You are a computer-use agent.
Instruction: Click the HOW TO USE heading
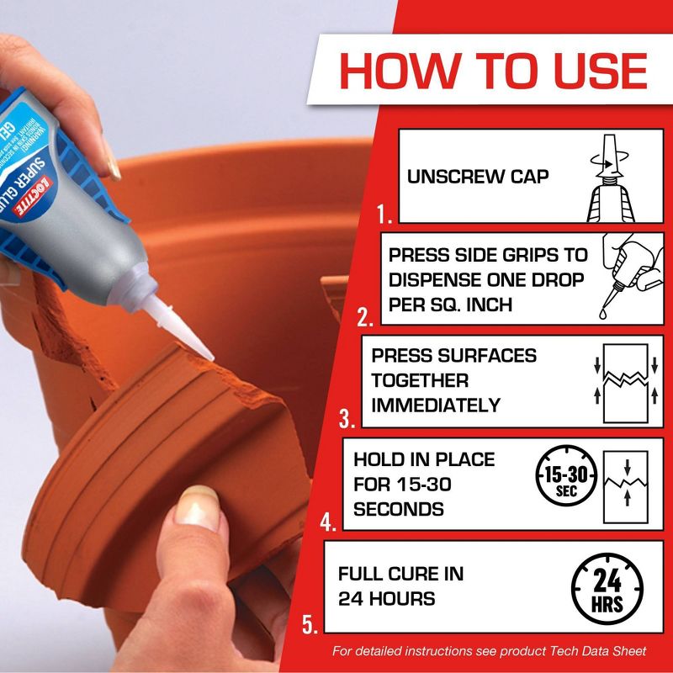click(493, 71)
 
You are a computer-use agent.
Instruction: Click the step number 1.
click(385, 216)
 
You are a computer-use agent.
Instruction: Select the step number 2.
click(365, 318)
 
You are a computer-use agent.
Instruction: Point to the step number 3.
click(347, 418)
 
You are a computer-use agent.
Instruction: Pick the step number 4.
click(328, 521)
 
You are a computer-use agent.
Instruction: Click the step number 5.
click(310, 625)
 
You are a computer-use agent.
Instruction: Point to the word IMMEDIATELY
click(436, 405)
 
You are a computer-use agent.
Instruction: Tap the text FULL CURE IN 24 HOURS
click(400, 586)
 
